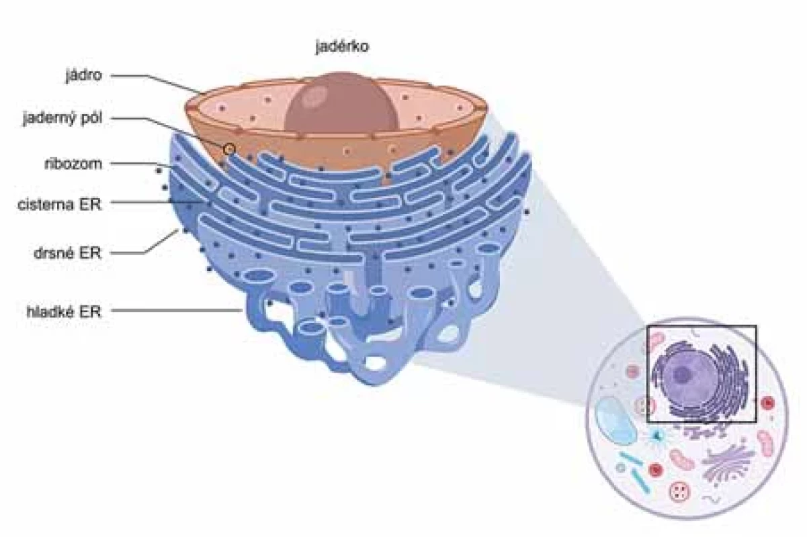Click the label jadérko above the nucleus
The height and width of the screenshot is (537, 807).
click(x=342, y=47)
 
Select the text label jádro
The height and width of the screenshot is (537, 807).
click(x=83, y=76)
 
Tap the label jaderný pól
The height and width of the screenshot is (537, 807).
click(x=62, y=118)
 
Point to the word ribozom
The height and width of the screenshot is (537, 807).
click(x=73, y=164)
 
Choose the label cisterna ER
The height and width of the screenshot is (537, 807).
click(x=59, y=205)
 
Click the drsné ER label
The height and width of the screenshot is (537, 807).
click(x=67, y=253)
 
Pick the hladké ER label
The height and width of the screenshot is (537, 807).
click(x=64, y=311)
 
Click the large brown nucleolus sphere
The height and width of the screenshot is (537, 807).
click(x=341, y=103)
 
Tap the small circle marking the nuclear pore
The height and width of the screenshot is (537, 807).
click(x=229, y=148)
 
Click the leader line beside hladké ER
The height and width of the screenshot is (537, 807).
click(x=177, y=310)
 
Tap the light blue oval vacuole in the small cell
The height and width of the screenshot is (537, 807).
click(x=615, y=420)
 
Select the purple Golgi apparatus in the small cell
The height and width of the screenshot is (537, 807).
click(x=728, y=465)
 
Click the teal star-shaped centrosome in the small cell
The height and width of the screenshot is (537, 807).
click(x=656, y=436)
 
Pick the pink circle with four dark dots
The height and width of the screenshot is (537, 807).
click(x=679, y=491)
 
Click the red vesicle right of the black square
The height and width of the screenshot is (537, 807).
click(x=768, y=403)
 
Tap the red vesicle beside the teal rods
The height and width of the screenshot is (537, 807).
click(x=655, y=470)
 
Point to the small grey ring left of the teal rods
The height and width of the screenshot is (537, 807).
click(x=620, y=468)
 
